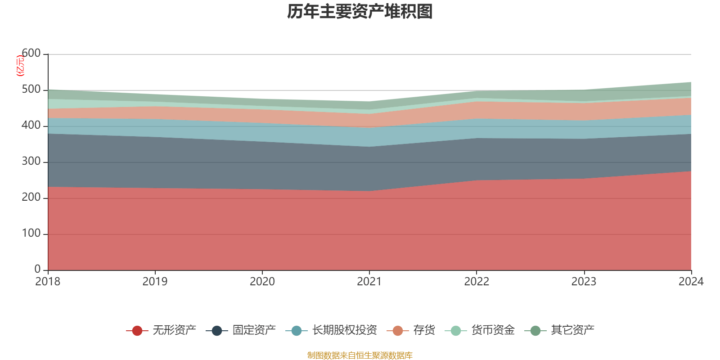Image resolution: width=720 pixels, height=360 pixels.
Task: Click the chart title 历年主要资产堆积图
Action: [x=360, y=12]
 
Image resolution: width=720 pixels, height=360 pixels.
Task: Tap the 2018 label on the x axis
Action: [x=48, y=282]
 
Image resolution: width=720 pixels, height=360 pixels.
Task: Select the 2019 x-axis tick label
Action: [x=155, y=282]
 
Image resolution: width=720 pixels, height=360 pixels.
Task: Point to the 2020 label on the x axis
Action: [x=262, y=282]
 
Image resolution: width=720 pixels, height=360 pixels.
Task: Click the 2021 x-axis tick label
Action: [x=369, y=282]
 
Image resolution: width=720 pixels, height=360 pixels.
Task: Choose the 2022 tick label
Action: [x=477, y=282]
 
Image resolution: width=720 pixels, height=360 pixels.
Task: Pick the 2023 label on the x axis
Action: [x=584, y=282]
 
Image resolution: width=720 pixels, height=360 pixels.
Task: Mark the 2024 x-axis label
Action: [x=691, y=282]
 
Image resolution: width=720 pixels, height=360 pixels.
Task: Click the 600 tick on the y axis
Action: [x=31, y=54]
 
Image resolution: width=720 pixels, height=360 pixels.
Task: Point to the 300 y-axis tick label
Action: [x=31, y=162]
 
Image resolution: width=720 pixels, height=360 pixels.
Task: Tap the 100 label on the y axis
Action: [x=31, y=234]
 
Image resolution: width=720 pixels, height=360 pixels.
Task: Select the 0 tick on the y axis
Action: [x=37, y=269]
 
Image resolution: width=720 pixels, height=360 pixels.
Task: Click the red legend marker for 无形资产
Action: [x=137, y=331]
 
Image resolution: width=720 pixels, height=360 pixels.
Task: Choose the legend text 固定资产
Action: [x=254, y=330]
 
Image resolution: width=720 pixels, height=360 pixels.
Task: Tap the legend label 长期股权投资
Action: [x=344, y=330]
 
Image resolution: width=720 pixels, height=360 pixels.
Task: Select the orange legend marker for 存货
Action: [x=397, y=331]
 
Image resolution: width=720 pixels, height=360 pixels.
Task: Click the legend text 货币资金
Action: [x=493, y=330]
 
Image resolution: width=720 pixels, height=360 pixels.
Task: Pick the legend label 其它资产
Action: [x=572, y=330]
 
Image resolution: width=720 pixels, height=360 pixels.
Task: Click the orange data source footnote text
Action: [x=360, y=355]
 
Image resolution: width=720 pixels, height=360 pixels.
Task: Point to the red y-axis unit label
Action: [x=20, y=66]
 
